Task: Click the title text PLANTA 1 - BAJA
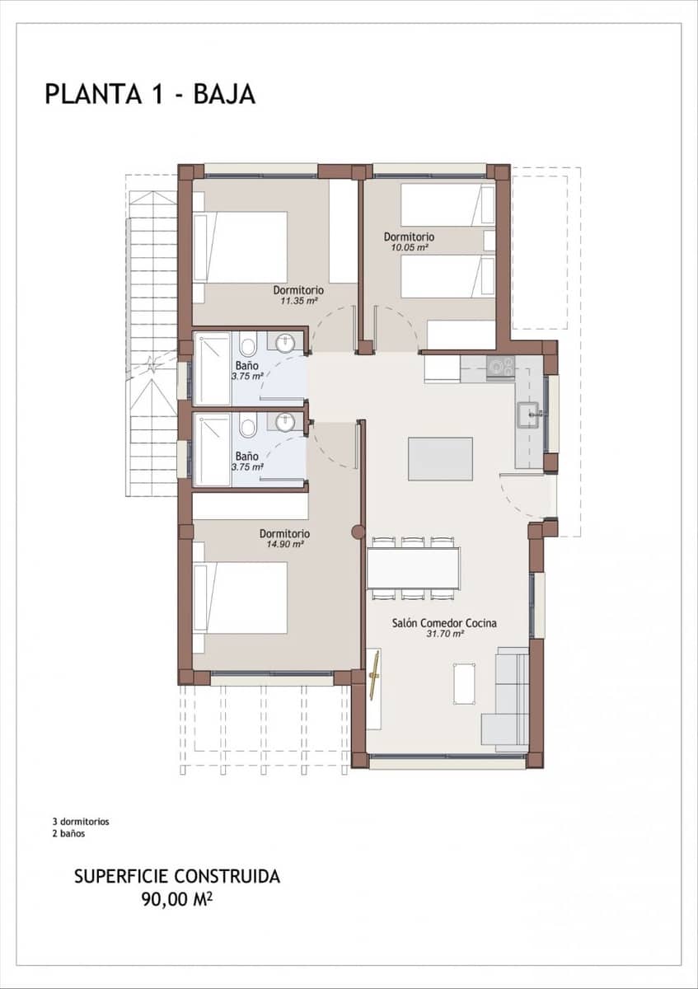pyautogui.click(x=150, y=94)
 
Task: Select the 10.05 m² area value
pyautogui.click(x=409, y=247)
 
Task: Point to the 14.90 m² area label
pyautogui.click(x=284, y=544)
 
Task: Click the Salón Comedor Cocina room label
pyautogui.click(x=444, y=623)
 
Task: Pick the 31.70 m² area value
pyautogui.click(x=444, y=634)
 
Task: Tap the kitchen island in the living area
pyautogui.click(x=440, y=459)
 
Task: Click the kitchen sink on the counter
pyautogui.click(x=527, y=415)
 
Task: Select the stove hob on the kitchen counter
pyautogui.click(x=499, y=366)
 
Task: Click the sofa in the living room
pyautogui.click(x=505, y=699)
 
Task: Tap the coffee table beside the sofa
pyautogui.click(x=465, y=683)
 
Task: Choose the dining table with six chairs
pyautogui.click(x=414, y=569)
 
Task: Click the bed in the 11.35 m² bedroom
pyautogui.click(x=241, y=247)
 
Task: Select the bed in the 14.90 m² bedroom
pyautogui.click(x=241, y=598)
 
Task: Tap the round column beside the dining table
pyautogui.click(x=358, y=532)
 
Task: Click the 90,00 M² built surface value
pyautogui.click(x=176, y=898)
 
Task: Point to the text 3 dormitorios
pyautogui.click(x=81, y=822)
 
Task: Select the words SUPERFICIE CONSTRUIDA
pyautogui.click(x=176, y=876)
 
